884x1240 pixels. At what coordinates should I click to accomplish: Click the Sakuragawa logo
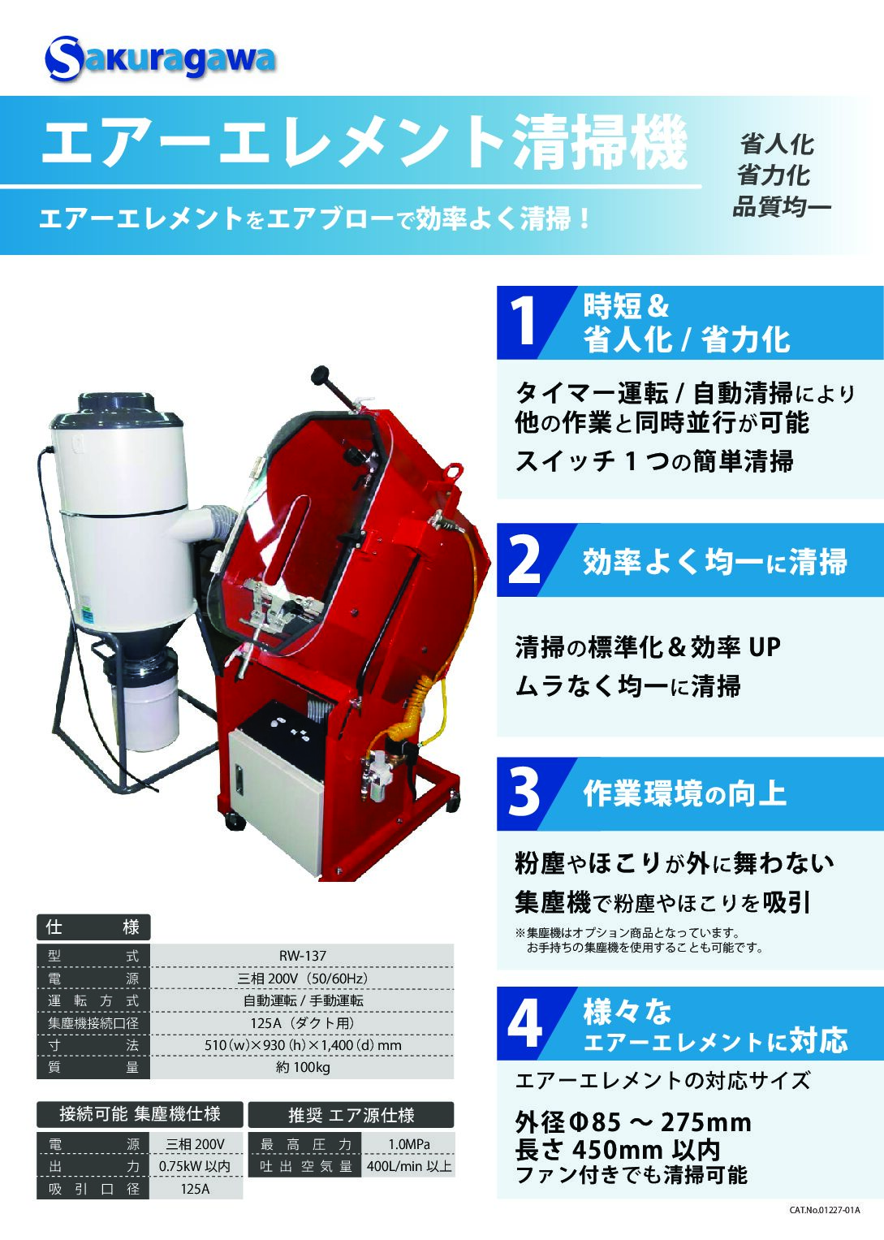[x=159, y=58]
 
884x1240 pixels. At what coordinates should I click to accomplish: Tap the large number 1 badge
[x=523, y=322]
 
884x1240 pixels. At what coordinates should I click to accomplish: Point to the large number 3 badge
[x=524, y=793]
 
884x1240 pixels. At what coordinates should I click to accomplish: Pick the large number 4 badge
[x=524, y=1024]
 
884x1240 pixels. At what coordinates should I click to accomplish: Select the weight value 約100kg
[x=302, y=1067]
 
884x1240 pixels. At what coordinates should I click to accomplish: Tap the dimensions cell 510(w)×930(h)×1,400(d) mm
[x=302, y=1044]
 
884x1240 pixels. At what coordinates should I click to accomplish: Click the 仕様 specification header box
[x=93, y=927]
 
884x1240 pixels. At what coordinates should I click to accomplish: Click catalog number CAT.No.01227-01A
[x=824, y=1225]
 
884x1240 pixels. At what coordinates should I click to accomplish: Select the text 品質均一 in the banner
[x=781, y=207]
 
